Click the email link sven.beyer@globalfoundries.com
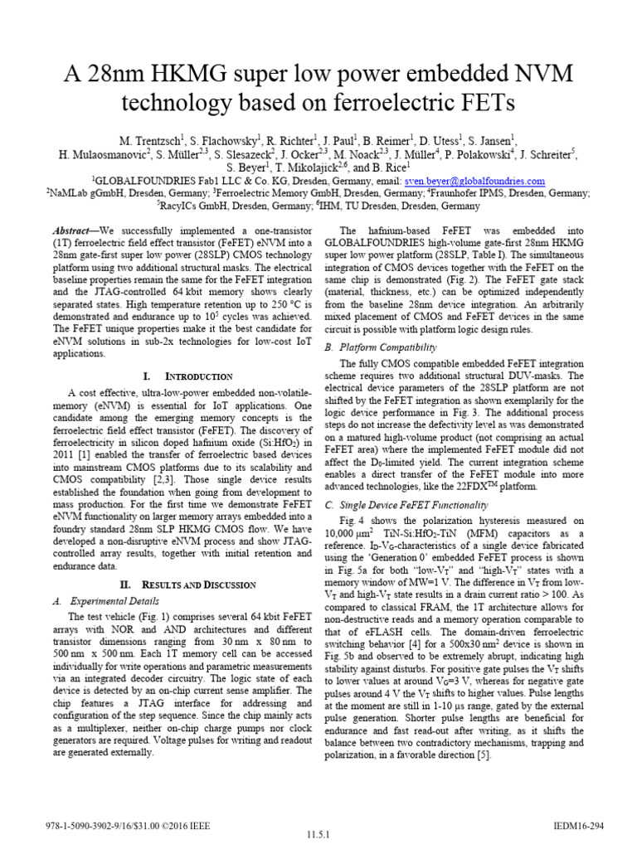pos(474,181)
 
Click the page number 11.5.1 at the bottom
pos(318,836)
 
